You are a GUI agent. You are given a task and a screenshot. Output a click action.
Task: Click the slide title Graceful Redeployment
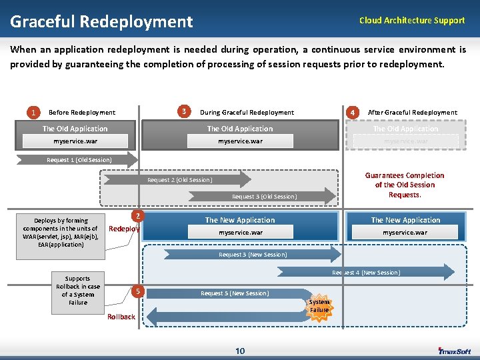coord(101,22)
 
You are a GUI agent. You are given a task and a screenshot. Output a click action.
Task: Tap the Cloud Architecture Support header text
coord(411,21)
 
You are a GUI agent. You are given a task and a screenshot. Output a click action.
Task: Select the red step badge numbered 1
coord(33,112)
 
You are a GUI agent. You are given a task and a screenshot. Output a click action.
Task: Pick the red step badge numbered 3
coord(184,111)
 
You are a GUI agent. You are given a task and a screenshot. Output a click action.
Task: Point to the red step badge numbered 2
coord(137,216)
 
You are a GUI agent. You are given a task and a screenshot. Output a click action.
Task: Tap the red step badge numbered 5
coord(137,291)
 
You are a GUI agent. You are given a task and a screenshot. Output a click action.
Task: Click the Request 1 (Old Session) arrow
coord(79,160)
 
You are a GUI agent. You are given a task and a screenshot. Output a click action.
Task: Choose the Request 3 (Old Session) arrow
coord(263,197)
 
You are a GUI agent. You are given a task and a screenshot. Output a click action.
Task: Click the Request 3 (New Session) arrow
coord(253,255)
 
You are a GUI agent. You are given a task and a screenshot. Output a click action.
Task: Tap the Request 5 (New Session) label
coord(235,293)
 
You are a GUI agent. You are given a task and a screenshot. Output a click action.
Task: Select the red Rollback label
coord(121,317)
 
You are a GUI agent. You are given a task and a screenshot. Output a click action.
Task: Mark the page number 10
coord(240,351)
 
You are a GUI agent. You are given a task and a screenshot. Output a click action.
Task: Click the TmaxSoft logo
coord(455,351)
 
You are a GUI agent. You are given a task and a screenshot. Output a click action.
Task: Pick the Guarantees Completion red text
coord(405,185)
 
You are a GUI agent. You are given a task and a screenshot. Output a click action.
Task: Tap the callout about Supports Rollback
coord(78,290)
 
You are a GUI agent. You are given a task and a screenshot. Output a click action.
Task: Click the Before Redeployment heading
coord(82,113)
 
